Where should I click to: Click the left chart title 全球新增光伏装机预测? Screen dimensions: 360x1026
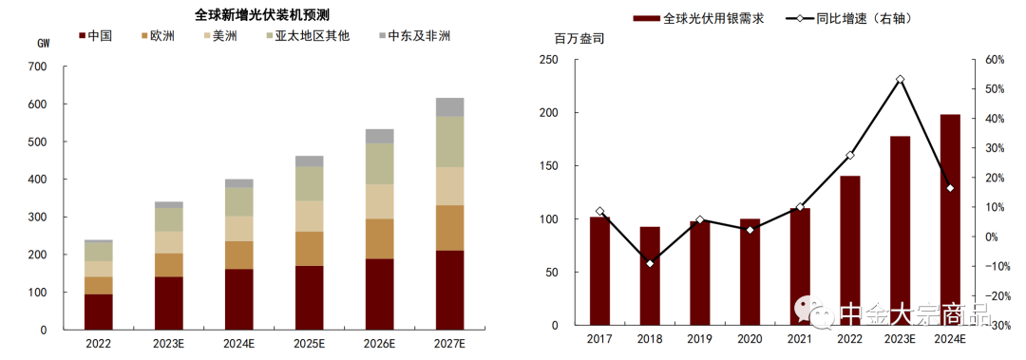256,14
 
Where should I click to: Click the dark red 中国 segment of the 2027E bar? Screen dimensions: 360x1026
449,290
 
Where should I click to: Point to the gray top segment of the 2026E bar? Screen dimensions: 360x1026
380,136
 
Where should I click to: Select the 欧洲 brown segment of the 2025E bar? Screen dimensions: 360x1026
310,249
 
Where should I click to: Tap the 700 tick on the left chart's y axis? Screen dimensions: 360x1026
37,66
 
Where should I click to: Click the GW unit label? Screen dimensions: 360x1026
44,44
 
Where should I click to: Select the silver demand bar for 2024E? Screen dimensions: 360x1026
950,221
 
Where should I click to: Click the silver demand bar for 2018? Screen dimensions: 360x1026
650,276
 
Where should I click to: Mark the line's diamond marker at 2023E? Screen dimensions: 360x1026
900,79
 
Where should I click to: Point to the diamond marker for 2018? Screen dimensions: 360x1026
650,263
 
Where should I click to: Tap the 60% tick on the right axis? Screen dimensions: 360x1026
994,59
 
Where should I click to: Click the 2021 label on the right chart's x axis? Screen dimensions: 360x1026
800,339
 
